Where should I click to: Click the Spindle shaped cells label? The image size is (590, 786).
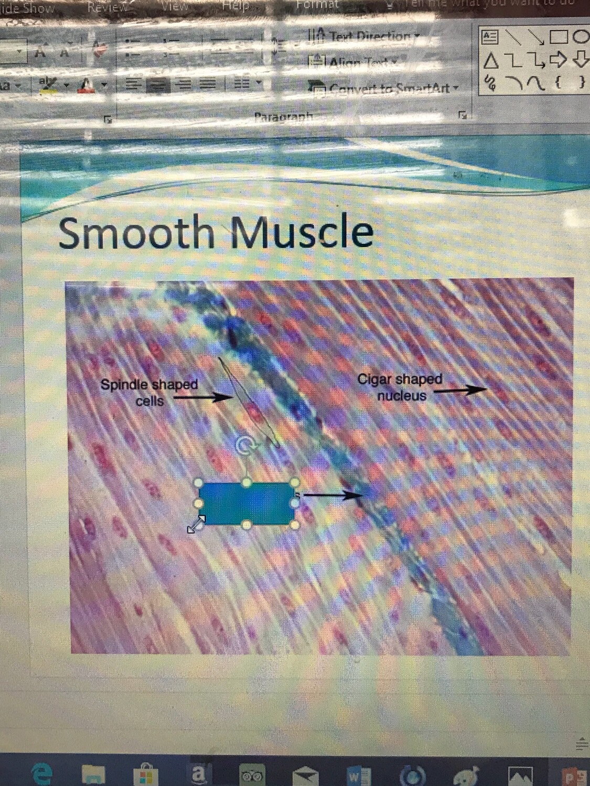tap(149, 392)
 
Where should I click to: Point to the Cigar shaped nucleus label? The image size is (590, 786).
tap(400, 387)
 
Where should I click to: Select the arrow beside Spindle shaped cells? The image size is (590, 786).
tap(203, 397)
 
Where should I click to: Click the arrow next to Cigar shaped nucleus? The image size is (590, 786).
tap(459, 389)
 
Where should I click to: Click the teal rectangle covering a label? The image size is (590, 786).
tap(245, 503)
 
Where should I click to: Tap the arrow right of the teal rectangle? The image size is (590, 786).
tap(333, 494)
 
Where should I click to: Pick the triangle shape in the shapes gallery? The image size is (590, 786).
tap(490, 61)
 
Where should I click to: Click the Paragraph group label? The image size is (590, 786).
tap(283, 116)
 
